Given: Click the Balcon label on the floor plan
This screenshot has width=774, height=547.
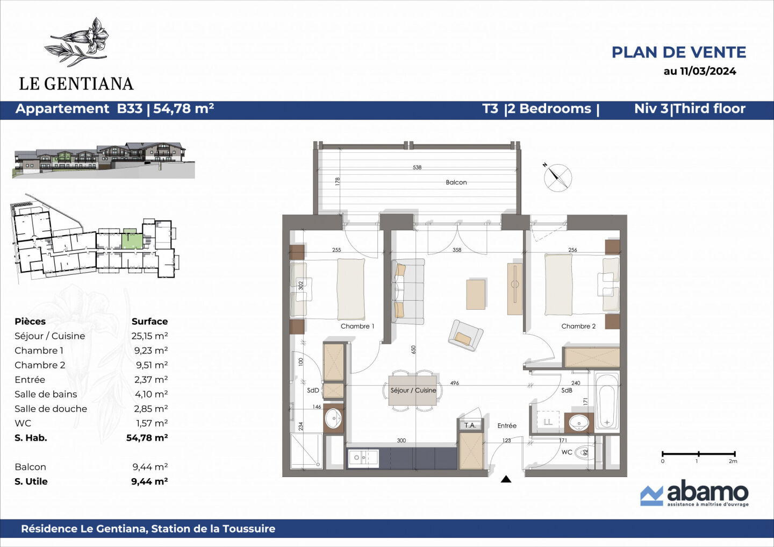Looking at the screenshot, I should (x=456, y=182).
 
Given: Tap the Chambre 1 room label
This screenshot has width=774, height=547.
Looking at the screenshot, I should (x=357, y=326).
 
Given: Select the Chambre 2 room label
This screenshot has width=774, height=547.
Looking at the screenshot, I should (x=578, y=326).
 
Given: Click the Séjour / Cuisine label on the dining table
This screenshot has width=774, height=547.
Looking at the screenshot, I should (x=413, y=390).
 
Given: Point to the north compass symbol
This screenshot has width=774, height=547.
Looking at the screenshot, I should (x=557, y=177).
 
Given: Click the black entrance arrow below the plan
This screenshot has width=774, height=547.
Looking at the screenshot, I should (x=506, y=479).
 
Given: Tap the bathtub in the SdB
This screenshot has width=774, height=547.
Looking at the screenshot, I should (x=607, y=401).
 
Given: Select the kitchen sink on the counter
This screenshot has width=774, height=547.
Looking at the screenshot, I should (x=363, y=458).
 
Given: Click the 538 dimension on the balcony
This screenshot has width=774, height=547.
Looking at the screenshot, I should (x=417, y=167).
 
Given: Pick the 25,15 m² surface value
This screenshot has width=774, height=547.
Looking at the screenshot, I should (x=149, y=336).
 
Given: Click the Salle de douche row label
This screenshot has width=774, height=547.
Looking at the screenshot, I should (x=51, y=409).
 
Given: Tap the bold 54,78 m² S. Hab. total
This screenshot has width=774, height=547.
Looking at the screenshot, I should (x=147, y=438).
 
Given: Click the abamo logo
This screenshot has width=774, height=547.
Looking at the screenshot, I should (x=694, y=493).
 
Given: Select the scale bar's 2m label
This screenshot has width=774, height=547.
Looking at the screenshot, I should (x=733, y=461).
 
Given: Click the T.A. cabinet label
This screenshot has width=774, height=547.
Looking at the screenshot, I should (x=470, y=425).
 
